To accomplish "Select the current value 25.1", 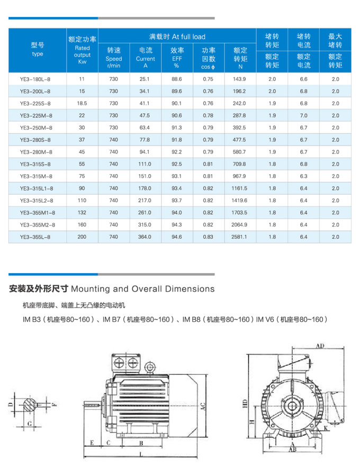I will click(x=145, y=79).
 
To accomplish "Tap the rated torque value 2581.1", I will click(x=239, y=237).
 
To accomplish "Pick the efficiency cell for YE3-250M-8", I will click(x=176, y=128).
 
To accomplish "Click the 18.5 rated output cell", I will click(x=82, y=103).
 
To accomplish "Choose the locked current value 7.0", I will click(x=303, y=115).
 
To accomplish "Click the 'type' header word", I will click(x=37, y=53).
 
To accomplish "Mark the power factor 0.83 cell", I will click(x=208, y=237).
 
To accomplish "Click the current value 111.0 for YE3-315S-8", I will click(x=145, y=164).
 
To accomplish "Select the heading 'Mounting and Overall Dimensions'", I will click(x=142, y=289).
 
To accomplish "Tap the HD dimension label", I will click(x=244, y=403).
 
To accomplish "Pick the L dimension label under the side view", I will click(x=139, y=454).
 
